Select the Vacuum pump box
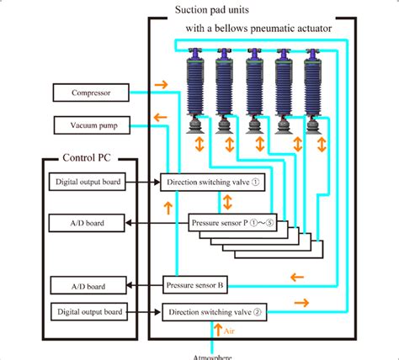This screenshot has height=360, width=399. point(91,126)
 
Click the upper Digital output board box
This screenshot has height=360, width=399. point(88,182)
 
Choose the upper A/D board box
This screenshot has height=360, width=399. point(88,223)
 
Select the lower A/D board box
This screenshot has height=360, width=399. point(88,285)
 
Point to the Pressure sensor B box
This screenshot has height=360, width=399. point(195,285)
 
